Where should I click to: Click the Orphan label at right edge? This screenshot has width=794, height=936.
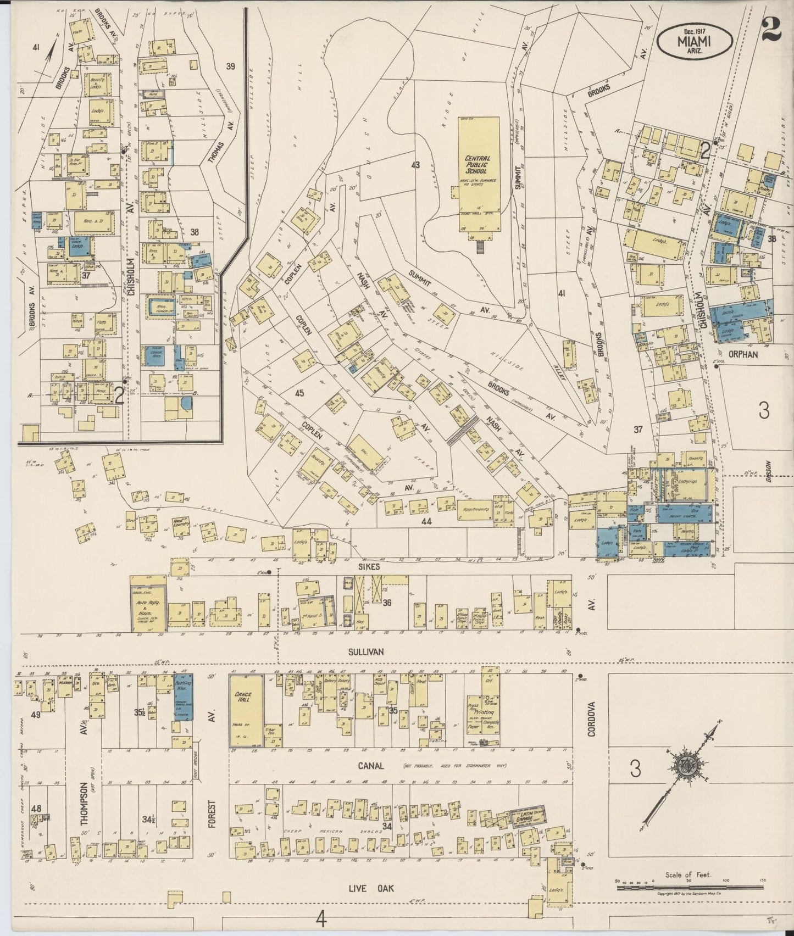[x=743, y=354]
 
